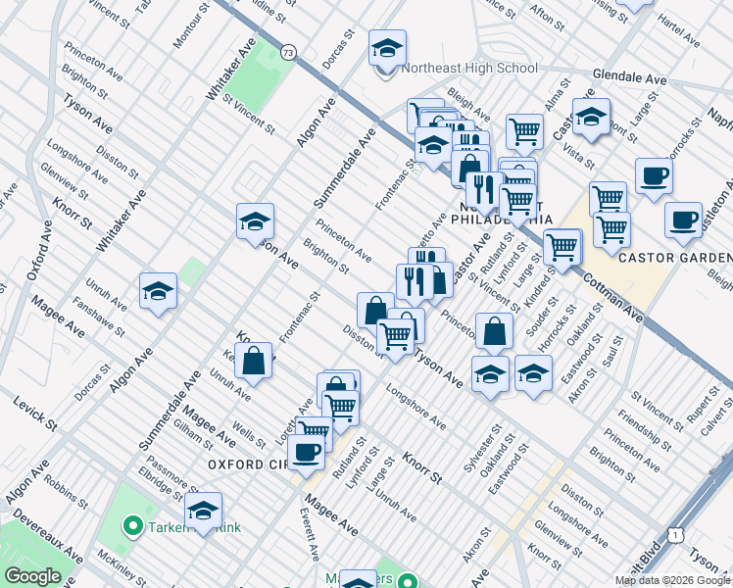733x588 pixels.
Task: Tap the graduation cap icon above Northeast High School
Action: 387,47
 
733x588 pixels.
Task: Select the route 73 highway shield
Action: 287,52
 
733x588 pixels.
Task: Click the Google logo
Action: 32,576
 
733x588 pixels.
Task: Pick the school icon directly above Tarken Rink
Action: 203,510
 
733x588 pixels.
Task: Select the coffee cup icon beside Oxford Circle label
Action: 306,452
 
